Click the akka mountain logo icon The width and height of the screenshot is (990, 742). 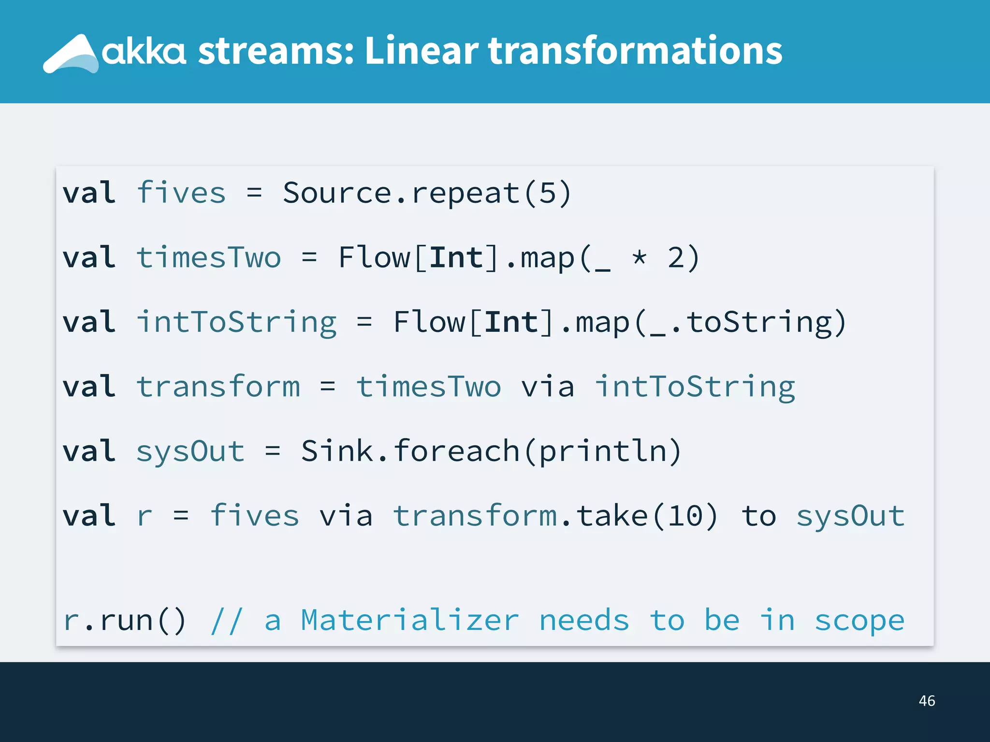coord(71,54)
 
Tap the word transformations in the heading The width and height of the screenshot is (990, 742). coord(635,51)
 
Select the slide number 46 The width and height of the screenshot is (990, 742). coord(927,700)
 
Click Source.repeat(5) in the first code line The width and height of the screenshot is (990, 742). coord(427,193)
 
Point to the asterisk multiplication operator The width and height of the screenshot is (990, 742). coord(640,257)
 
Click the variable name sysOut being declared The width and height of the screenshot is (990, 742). coord(190,452)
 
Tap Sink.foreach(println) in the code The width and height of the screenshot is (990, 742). coord(491,452)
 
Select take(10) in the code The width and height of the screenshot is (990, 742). coord(647,516)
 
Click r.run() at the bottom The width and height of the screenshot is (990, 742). coord(124,621)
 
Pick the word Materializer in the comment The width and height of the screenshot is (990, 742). coord(409,621)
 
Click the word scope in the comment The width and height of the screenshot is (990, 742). coord(859,621)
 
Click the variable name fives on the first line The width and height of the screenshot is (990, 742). coord(181,193)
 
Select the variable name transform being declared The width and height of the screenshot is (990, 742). coord(218,387)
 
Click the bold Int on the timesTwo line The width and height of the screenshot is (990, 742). coord(456,257)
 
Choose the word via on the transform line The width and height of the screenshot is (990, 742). coord(548,387)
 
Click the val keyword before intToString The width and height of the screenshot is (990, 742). coord(89,322)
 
